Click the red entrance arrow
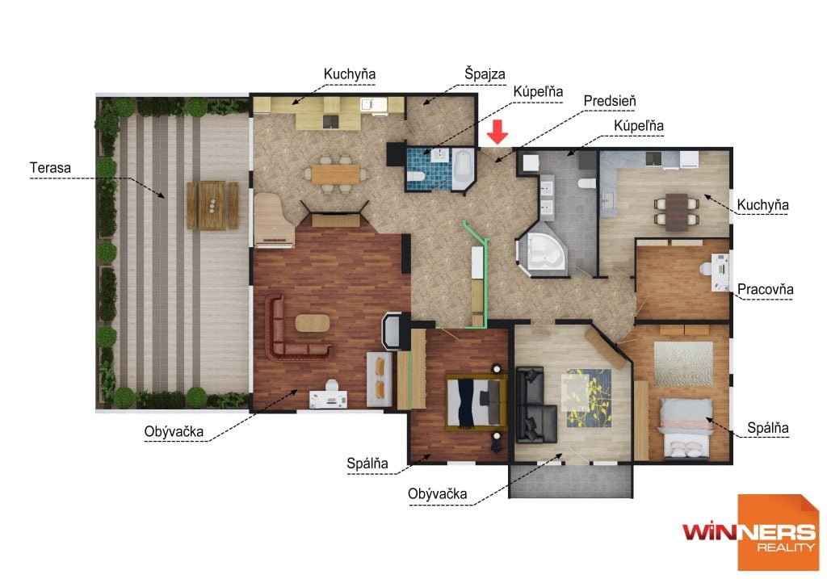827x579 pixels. (x=497, y=132)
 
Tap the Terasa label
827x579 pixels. (x=50, y=168)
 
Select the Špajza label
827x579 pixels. (x=485, y=73)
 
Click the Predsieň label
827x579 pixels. (x=610, y=101)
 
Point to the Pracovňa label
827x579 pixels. (x=765, y=289)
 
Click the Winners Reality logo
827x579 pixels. (x=751, y=533)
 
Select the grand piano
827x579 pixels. (x=274, y=220)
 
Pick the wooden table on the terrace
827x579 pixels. (x=212, y=205)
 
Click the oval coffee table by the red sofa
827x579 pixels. (x=313, y=323)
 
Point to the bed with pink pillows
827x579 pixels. (x=686, y=427)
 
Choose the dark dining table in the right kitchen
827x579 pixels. (x=677, y=212)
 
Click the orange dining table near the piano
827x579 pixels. (x=335, y=174)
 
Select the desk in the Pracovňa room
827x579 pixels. (x=720, y=272)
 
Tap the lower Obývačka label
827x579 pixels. (x=437, y=494)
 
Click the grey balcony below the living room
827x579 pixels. (x=571, y=480)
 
